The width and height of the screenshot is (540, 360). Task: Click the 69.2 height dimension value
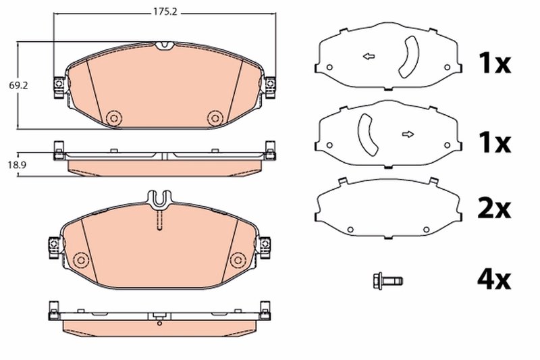pyautogui.click(x=9, y=86)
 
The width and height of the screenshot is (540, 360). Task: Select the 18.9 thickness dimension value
pyautogui.click(x=9, y=164)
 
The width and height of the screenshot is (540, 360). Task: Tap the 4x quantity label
pyautogui.click(x=495, y=278)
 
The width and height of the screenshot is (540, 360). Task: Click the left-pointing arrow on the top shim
pyautogui.click(x=369, y=57)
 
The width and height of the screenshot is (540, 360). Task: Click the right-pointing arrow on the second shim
pyautogui.click(x=407, y=134)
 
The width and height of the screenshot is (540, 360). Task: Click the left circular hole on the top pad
pyautogui.click(x=113, y=118)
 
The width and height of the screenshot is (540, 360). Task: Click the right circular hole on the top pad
pyautogui.click(x=214, y=118)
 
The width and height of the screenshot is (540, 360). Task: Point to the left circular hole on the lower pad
pyautogui.click(x=82, y=259)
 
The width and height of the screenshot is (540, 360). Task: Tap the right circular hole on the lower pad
pyautogui.click(x=237, y=259)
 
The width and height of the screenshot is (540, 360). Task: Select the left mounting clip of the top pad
pyautogui.click(x=59, y=85)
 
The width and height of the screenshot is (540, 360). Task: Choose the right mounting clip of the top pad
pyautogui.click(x=270, y=85)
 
